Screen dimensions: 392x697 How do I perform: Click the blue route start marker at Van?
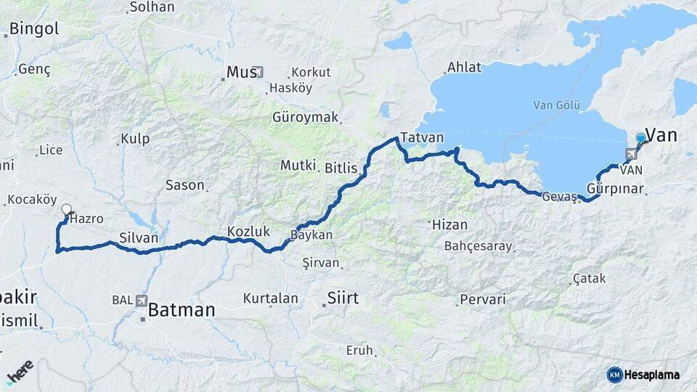[640, 137]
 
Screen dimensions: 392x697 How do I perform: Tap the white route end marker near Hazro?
[66, 210]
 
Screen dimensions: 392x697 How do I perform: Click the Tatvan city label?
[422, 138]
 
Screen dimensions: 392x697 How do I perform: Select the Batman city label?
[182, 311]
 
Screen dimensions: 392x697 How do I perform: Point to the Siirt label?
[343, 297]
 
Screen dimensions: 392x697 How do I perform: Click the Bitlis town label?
[341, 168]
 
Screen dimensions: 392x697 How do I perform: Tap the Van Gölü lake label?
[557, 105]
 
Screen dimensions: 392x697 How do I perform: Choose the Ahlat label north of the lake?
[464, 67]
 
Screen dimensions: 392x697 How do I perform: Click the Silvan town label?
[139, 237]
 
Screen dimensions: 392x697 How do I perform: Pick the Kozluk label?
[248, 232]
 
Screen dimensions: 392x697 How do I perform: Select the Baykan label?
[311, 235]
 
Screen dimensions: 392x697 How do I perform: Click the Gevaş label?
[559, 197]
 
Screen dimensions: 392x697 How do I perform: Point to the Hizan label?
[449, 224]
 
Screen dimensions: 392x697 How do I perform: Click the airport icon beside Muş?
[259, 73]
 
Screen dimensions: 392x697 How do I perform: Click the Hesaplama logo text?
[651, 375]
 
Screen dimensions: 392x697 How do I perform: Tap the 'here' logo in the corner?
[20, 372]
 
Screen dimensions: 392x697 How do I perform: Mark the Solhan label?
[152, 7]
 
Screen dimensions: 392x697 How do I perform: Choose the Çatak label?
[589, 278]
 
